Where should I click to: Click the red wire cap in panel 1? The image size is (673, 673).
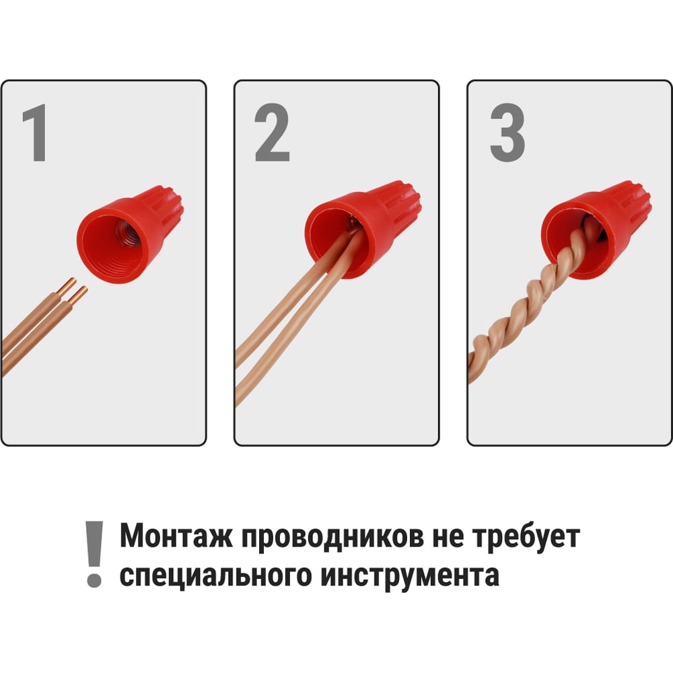tap(130, 234)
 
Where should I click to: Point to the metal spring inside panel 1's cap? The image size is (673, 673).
tap(127, 233)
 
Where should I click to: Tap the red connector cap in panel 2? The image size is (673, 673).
tap(363, 229)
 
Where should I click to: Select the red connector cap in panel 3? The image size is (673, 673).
tap(596, 229)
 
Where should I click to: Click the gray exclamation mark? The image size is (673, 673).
tap(94, 554)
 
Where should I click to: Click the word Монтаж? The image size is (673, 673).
tap(176, 536)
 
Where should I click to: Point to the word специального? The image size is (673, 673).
tap(215, 575)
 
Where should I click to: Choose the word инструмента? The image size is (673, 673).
tap(410, 576)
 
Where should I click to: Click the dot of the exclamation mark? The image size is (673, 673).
tap(94, 580)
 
